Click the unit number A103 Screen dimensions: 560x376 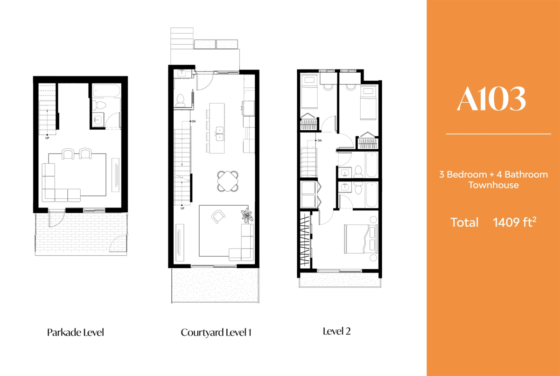click(x=491, y=98)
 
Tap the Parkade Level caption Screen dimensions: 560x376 click(x=76, y=332)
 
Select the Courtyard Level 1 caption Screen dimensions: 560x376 click(x=216, y=333)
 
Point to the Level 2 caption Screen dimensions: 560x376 click(x=337, y=331)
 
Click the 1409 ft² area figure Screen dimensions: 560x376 click(x=514, y=222)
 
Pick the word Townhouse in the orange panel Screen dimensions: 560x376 click(x=494, y=185)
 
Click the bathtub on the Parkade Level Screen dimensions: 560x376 click(x=106, y=91)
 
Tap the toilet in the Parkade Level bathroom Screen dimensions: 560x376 click(x=99, y=105)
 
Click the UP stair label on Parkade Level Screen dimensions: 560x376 click(x=47, y=138)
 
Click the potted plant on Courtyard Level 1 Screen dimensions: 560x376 click(x=247, y=215)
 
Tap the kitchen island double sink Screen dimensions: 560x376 click(x=219, y=134)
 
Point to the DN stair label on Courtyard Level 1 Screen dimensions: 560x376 click(x=194, y=121)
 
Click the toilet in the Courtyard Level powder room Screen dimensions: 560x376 click(x=180, y=100)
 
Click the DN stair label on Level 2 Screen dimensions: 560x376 click(x=320, y=140)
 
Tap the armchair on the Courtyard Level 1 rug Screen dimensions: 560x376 click(x=218, y=216)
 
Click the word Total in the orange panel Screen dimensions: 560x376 click(x=464, y=223)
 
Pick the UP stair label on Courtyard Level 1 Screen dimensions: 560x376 click(x=182, y=209)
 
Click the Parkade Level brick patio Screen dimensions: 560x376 click(x=81, y=234)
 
